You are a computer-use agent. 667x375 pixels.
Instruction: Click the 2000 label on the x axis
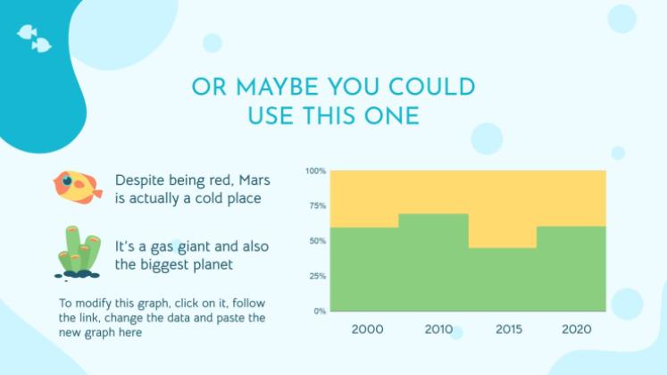click(367, 329)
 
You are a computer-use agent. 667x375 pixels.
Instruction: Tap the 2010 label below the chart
click(438, 329)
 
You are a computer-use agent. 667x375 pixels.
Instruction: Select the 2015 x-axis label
click(509, 329)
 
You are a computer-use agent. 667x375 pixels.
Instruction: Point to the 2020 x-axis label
click(577, 329)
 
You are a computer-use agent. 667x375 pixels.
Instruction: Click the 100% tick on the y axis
click(315, 171)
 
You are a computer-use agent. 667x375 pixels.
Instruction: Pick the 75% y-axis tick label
click(317, 205)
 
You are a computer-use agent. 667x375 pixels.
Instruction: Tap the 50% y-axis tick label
click(317, 241)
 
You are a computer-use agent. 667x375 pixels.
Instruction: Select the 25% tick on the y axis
click(317, 276)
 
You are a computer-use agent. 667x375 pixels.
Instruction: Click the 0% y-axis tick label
click(320, 312)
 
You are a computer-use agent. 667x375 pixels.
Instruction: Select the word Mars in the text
click(254, 179)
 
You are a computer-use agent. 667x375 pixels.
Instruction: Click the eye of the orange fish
click(67, 180)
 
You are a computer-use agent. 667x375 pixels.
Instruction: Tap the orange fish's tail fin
click(97, 194)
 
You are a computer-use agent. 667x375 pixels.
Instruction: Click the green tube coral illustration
click(78, 252)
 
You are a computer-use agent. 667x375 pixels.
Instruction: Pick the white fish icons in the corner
click(35, 38)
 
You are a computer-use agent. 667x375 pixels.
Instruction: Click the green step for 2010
click(433, 262)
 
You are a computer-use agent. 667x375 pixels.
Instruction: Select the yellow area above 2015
click(503, 209)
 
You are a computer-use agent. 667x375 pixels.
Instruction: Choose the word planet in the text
click(213, 265)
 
